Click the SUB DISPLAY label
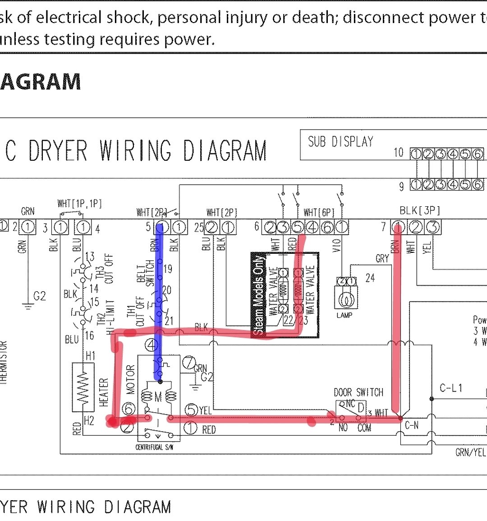[340, 142]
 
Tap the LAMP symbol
[345, 299]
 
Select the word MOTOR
[131, 379]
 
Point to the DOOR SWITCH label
[358, 392]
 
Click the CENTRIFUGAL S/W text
[155, 447]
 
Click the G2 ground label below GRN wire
[40, 296]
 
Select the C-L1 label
[451, 388]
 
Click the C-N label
[412, 425]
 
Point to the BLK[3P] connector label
[419, 211]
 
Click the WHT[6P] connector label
[319, 212]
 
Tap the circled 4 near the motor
[152, 345]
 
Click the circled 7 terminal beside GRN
[189, 362]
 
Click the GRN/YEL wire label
[470, 452]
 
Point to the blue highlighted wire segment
[159, 298]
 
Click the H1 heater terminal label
[91, 356]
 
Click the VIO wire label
[336, 245]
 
